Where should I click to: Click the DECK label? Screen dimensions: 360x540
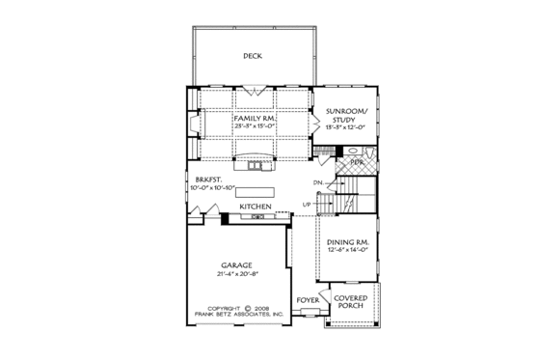pos(253,56)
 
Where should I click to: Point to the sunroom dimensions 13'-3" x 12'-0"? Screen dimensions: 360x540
pos(349,127)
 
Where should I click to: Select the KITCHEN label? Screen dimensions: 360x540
pos(256,206)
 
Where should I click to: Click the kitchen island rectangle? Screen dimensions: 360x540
pos(255,191)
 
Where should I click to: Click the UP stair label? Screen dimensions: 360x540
pos(308,205)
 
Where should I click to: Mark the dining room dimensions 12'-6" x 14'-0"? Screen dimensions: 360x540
pos(348,254)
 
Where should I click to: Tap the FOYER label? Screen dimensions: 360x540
pos(307,299)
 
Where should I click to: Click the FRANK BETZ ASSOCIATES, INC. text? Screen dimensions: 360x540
pos(236,315)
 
